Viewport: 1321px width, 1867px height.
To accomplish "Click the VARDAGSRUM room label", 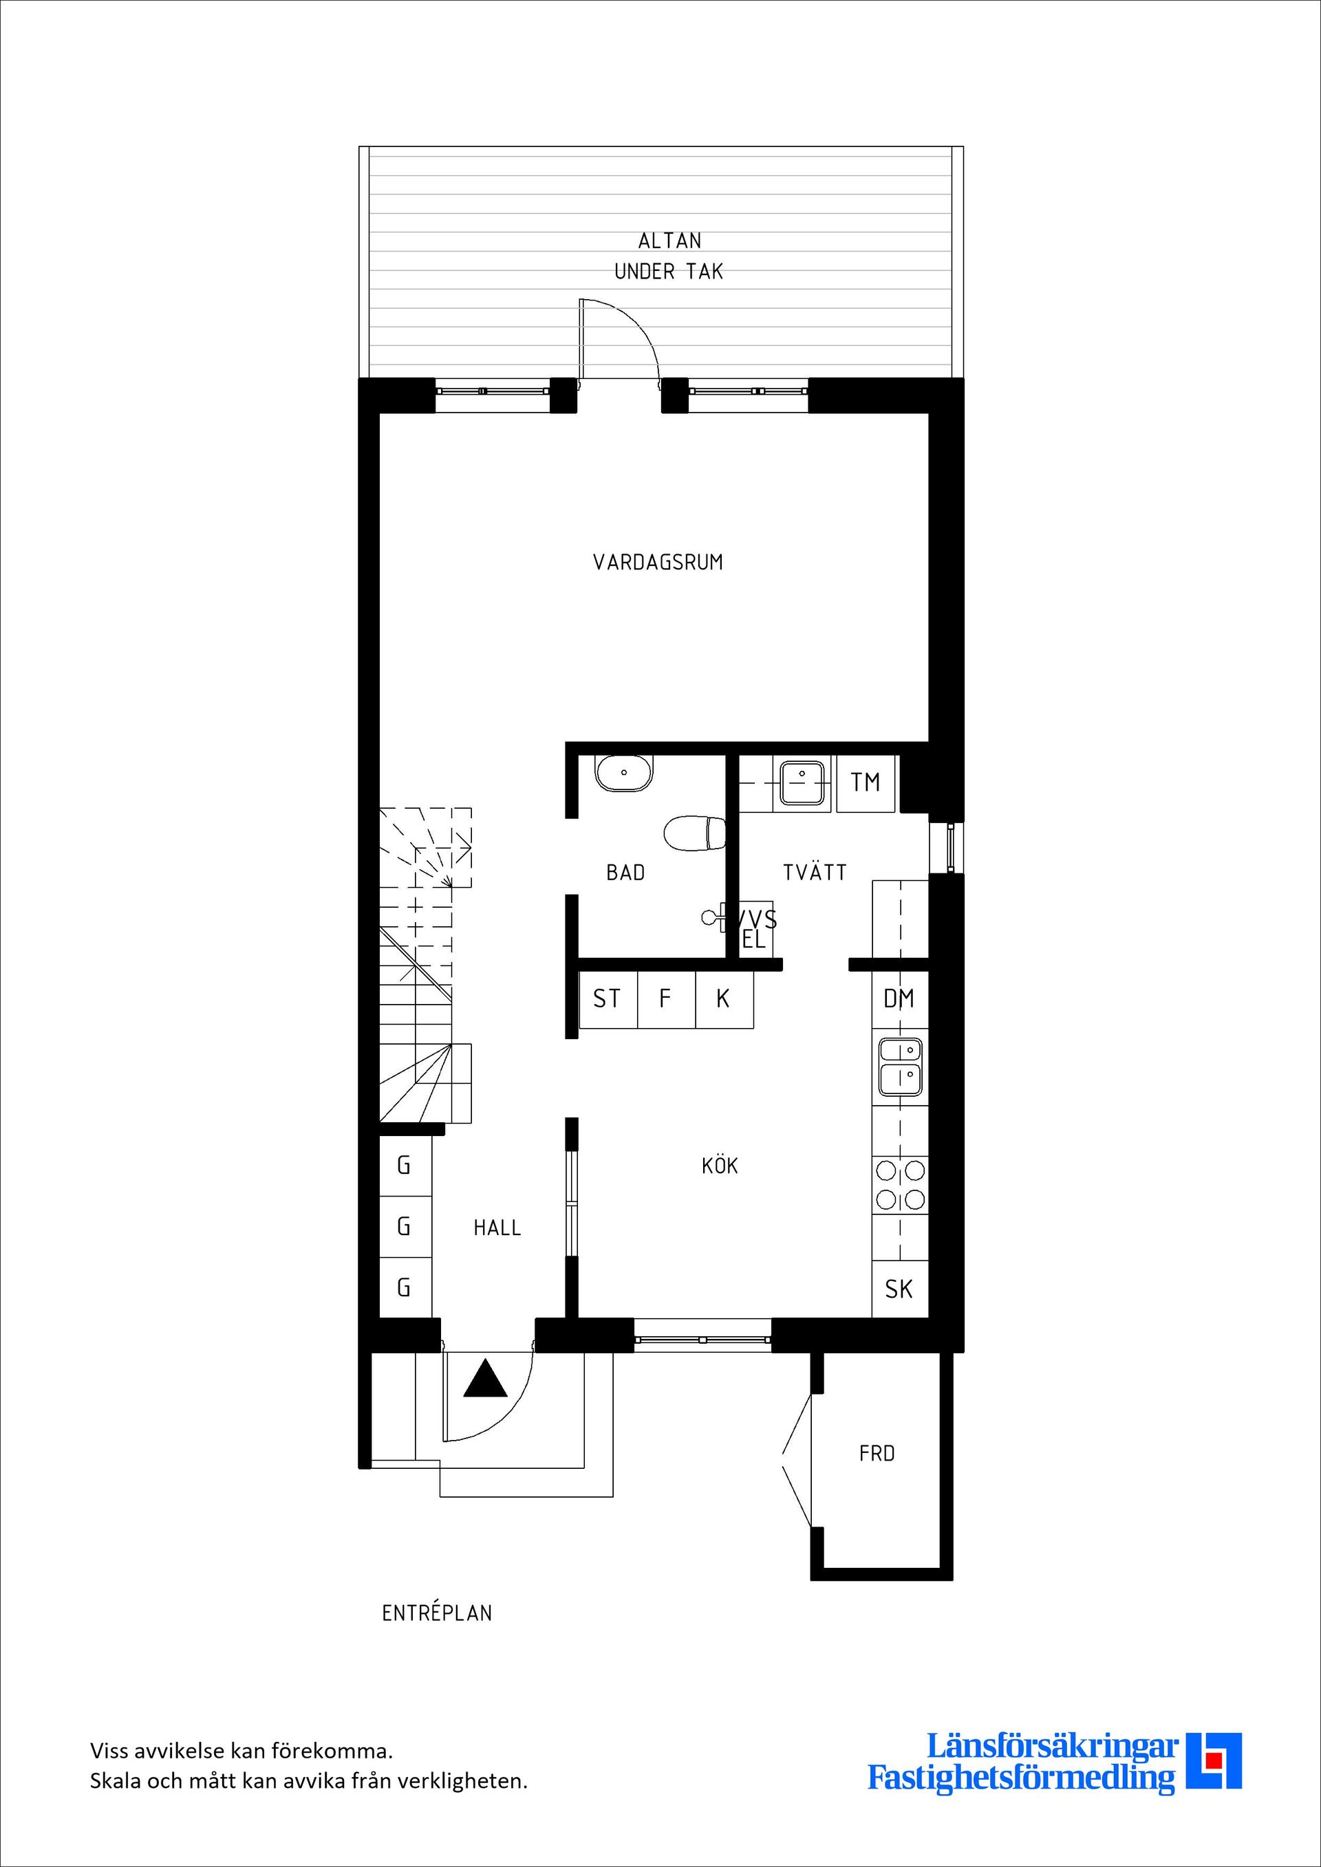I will coord(657,562).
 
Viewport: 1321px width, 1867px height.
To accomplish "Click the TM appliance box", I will coord(866,783).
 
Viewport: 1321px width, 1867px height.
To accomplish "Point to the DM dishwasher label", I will coord(899,998).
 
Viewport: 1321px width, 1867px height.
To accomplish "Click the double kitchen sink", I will coord(900,1066).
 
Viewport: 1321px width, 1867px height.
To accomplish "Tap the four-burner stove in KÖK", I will coord(900,1185).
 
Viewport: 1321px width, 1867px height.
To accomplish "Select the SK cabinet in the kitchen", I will coord(899,1289).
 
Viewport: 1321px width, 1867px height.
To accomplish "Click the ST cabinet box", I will coord(607,998).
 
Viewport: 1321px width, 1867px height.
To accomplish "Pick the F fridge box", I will coord(665,998).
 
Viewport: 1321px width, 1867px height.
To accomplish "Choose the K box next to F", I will coord(723,998).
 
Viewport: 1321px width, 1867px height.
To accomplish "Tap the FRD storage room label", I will coord(877,1453).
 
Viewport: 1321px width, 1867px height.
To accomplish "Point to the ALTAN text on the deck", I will coord(669,241).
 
